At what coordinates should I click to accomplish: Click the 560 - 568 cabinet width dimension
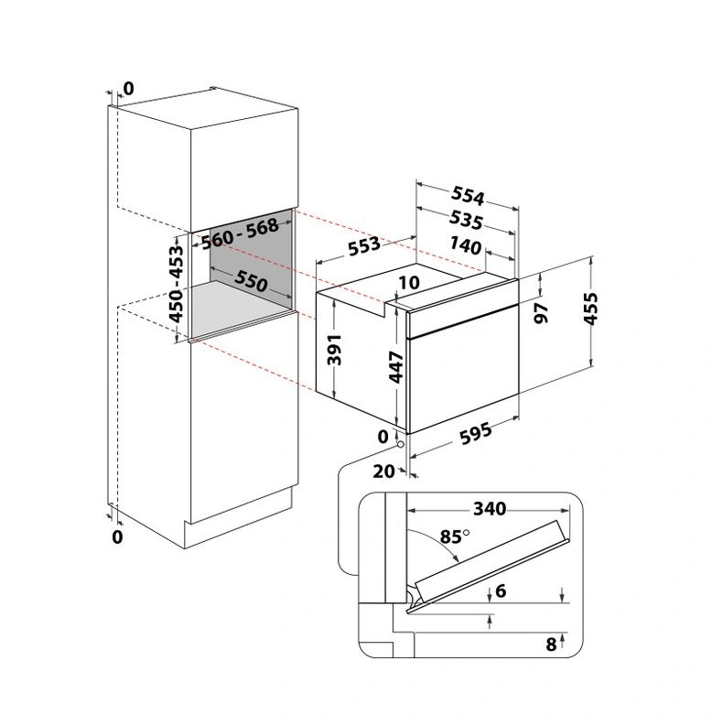pos(240,233)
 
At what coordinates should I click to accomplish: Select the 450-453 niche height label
pos(177,285)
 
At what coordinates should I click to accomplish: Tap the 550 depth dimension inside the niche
pos(251,281)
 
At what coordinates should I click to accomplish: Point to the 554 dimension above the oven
pos(468,195)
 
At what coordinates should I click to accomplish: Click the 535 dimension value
pos(466,221)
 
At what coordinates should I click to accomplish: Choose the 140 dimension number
pos(465,246)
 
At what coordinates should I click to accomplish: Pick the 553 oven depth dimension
pos(364,245)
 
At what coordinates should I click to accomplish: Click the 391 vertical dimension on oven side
pos(334,350)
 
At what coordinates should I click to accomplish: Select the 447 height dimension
pos(396,367)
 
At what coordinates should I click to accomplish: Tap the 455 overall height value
pos(590,309)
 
